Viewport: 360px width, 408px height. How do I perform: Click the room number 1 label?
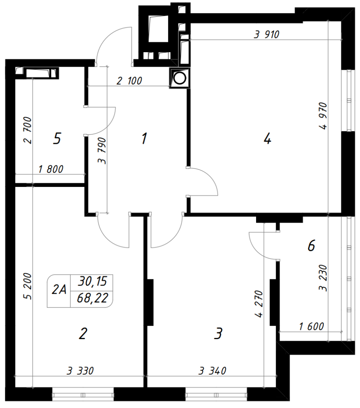click(144, 138)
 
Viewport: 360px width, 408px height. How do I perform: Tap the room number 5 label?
click(57, 138)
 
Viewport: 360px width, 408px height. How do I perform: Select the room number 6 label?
click(311, 245)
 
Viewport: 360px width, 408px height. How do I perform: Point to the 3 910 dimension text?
click(266, 35)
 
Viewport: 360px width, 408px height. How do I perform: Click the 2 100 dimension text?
click(129, 81)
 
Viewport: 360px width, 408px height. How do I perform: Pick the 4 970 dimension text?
click(323, 116)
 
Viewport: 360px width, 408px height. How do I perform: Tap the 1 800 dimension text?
click(51, 169)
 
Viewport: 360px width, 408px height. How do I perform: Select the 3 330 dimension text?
click(80, 371)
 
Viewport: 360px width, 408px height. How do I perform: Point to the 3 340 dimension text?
click(213, 371)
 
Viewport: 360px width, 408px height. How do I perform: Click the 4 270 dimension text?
click(260, 304)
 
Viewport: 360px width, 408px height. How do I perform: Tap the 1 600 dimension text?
click(311, 326)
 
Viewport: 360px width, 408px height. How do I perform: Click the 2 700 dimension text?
click(27, 130)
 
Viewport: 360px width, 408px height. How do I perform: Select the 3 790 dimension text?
click(102, 151)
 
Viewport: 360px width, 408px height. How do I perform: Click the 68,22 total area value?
click(92, 298)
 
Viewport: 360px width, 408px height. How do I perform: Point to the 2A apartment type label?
click(59, 289)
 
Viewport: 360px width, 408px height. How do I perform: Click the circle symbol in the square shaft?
click(180, 78)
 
